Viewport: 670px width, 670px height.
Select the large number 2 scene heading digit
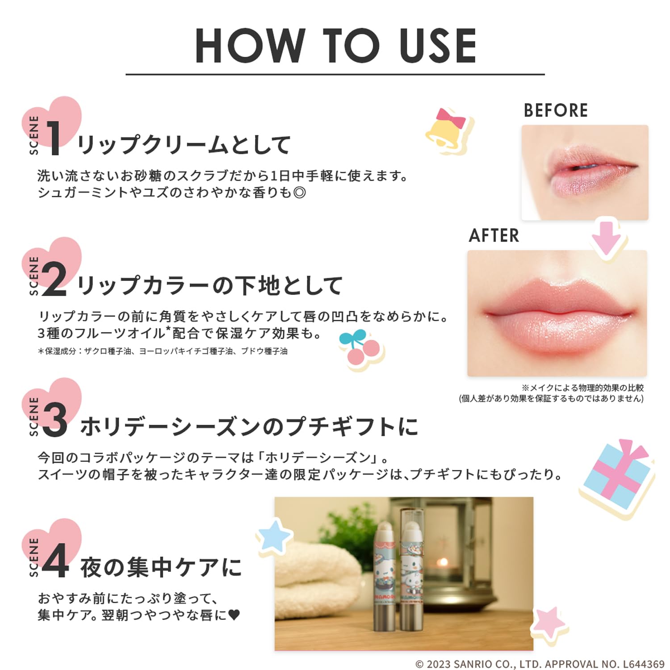tap(54, 280)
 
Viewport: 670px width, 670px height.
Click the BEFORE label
tap(556, 110)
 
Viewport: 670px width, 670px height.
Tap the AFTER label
tap(494, 235)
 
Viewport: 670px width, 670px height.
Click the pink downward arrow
tap(607, 239)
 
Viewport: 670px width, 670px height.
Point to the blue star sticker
tap(273, 535)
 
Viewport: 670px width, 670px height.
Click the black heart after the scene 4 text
tap(234, 615)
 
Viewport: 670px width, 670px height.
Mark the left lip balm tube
tap(383, 581)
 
